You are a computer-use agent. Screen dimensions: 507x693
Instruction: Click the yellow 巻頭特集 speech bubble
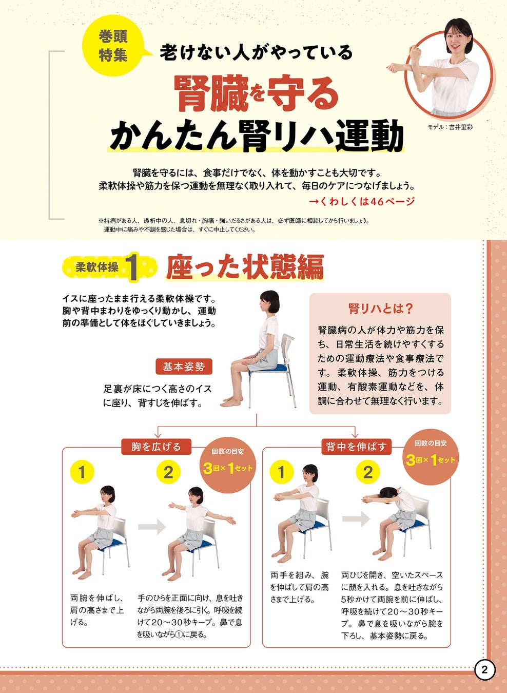113,47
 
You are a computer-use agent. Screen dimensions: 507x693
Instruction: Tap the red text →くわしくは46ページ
362,202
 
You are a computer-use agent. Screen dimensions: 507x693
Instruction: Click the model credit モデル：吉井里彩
450,127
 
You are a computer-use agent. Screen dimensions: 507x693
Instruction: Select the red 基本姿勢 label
184,367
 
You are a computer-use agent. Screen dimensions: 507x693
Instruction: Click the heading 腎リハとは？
380,309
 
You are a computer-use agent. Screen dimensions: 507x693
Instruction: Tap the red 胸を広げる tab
156,447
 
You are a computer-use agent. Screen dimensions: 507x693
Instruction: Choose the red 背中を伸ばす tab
356,447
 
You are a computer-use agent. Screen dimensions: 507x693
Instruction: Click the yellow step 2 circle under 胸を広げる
168,472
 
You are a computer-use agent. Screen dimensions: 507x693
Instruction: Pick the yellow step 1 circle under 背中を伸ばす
281,472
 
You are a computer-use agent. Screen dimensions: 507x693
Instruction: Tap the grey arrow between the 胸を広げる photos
152,526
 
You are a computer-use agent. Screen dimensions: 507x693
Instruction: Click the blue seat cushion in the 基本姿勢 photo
267,368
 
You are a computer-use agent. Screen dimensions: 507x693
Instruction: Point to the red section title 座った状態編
245,267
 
